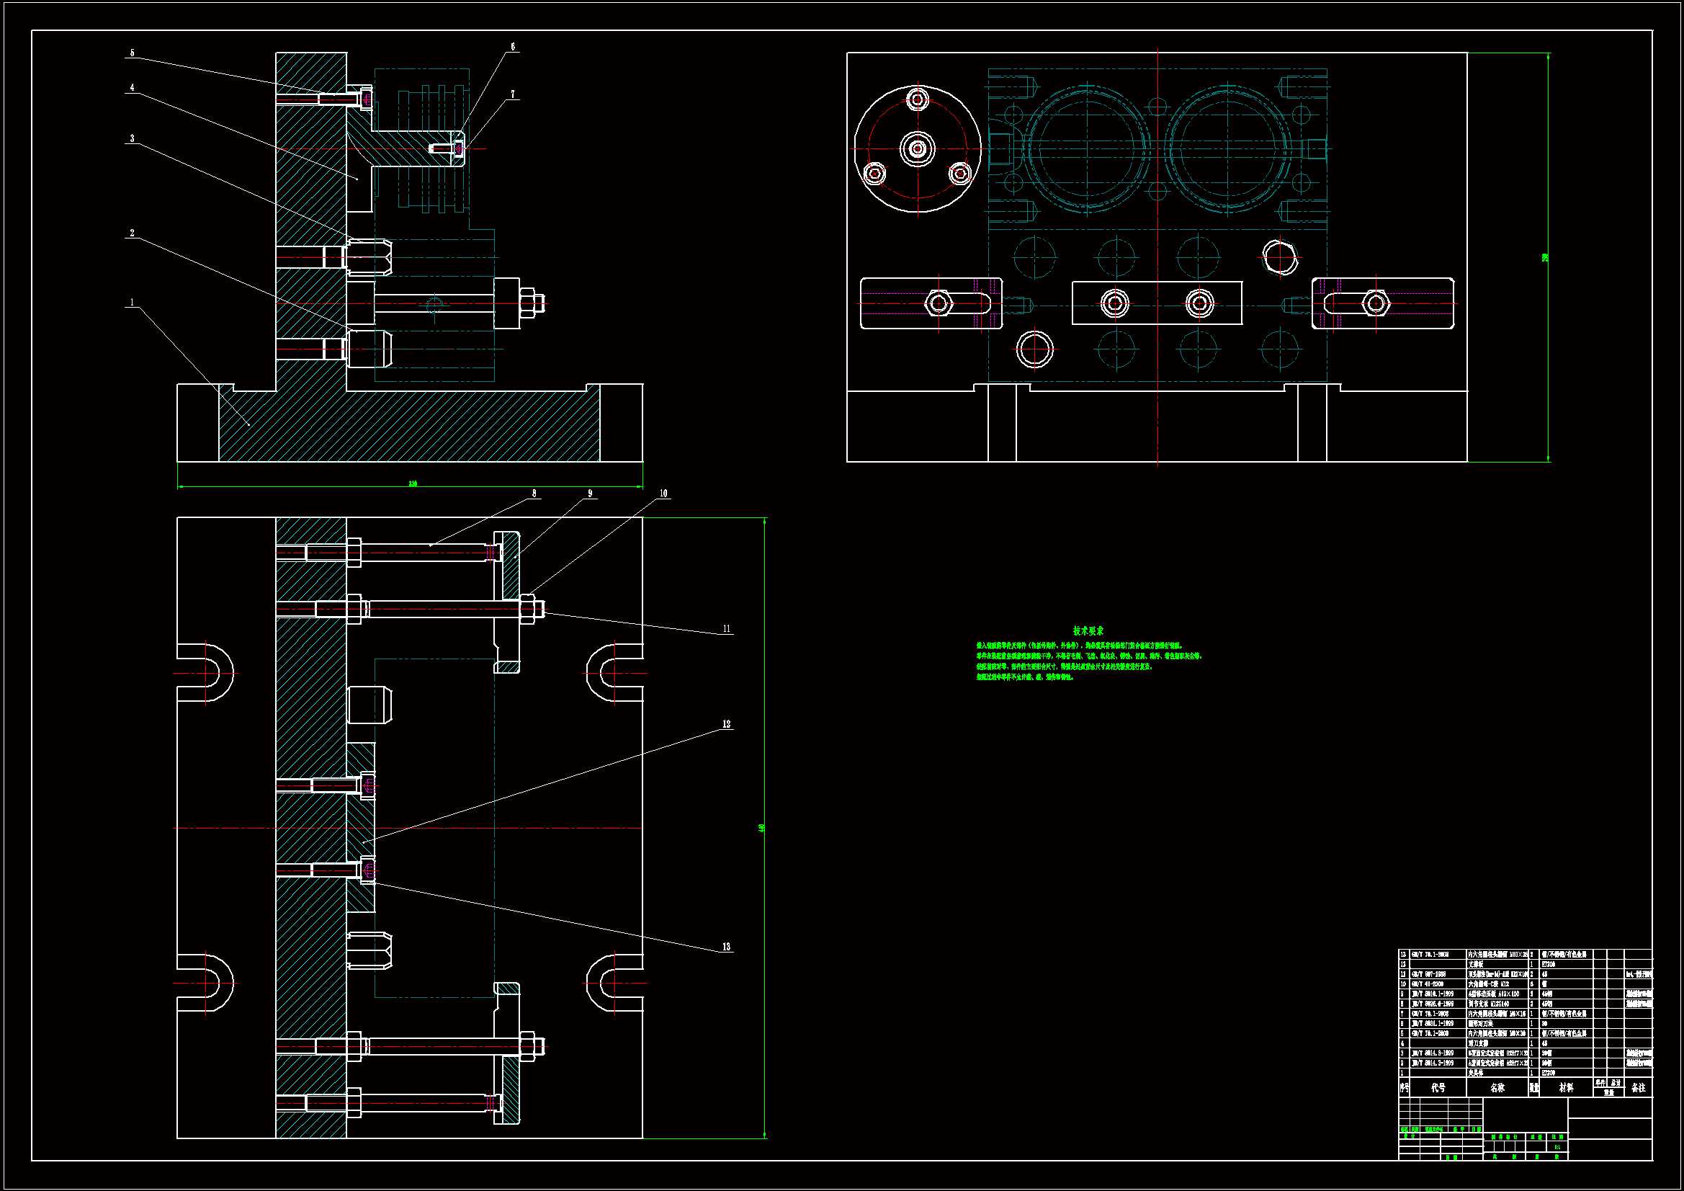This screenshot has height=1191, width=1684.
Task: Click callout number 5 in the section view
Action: click(132, 53)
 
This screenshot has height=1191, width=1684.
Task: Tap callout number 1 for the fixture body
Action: click(132, 303)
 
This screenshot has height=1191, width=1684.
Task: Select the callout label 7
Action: click(513, 94)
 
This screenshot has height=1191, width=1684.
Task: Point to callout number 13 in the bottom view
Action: click(726, 947)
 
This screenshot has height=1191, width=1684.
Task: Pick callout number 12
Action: click(726, 724)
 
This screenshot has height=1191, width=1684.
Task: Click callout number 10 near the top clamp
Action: click(663, 494)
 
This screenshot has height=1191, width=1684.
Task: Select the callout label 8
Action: click(534, 494)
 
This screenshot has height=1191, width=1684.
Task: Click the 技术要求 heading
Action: click(1088, 630)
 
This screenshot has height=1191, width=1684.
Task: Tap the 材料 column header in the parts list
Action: click(1566, 1088)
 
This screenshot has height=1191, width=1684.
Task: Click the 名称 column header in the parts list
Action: click(1497, 1088)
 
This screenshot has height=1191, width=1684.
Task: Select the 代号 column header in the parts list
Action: click(1438, 1088)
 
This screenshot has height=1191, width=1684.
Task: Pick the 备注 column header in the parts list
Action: click(1638, 1088)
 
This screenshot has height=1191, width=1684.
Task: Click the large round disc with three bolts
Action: click(918, 149)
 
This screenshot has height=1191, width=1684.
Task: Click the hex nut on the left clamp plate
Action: click(939, 303)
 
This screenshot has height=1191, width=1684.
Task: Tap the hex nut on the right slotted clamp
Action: click(1375, 303)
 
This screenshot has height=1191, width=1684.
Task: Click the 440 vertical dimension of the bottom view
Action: click(762, 828)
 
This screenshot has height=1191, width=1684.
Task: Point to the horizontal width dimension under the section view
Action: click(412, 484)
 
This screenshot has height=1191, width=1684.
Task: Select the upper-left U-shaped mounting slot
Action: click(207, 672)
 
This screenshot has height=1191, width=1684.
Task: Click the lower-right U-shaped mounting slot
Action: click(614, 983)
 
